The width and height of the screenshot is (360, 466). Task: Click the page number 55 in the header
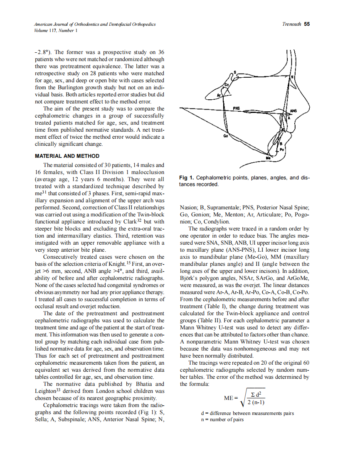[306, 24]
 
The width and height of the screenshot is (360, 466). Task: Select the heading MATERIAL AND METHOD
[67, 156]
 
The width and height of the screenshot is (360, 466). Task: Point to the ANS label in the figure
[293, 111]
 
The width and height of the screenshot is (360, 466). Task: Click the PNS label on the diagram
[237, 108]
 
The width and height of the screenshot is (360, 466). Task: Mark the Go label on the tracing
[225, 136]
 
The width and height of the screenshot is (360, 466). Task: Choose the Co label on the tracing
[227, 84]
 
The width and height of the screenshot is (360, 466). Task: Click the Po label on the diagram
[282, 149]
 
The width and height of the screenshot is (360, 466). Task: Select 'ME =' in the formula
[232, 397]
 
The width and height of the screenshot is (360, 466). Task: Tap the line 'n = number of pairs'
[222, 419]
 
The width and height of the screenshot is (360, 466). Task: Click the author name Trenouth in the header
[291, 24]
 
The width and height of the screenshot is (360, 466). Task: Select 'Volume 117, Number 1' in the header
[55, 30]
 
